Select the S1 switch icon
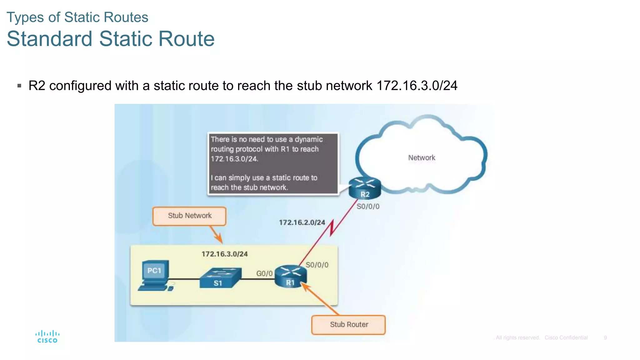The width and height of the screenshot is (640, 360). (x=220, y=277)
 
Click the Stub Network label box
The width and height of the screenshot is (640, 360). (x=189, y=216)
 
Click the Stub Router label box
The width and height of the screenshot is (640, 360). (x=348, y=325)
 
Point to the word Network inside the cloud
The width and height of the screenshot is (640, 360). (x=422, y=158)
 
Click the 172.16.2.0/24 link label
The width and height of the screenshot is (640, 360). (x=302, y=222)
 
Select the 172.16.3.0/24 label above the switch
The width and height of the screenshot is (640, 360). (x=224, y=254)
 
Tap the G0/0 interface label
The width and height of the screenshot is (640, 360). (x=264, y=273)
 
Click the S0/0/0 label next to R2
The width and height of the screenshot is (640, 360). (x=368, y=207)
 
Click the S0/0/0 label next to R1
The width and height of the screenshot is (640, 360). (x=317, y=265)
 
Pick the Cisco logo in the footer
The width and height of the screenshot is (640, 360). (x=47, y=337)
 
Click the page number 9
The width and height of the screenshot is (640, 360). (x=605, y=338)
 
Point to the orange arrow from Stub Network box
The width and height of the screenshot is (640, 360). (x=216, y=234)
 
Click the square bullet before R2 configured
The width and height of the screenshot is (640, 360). (x=19, y=86)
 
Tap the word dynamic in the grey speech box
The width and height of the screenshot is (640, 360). (x=309, y=139)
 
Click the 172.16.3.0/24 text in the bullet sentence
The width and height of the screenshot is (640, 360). (x=417, y=86)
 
